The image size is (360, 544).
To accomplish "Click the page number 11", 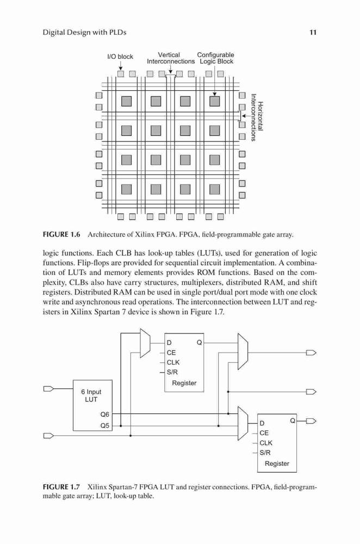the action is [x=313, y=32].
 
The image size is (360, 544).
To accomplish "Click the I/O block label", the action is [x=120, y=57].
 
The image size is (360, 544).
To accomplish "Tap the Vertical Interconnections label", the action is [x=171, y=58].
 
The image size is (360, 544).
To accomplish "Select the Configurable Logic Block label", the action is [x=216, y=58].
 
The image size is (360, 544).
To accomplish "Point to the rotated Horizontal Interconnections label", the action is [x=257, y=118].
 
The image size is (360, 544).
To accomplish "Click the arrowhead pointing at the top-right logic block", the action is [x=215, y=94].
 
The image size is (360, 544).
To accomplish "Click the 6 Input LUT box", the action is [x=92, y=405].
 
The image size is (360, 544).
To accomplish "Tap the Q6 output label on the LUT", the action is [x=104, y=414].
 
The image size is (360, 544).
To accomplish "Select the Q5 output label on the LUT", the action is [x=104, y=425].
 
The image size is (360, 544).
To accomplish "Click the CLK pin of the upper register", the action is [x=173, y=362].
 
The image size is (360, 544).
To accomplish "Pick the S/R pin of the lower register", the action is [x=265, y=453].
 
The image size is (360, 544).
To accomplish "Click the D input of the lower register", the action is [x=262, y=423].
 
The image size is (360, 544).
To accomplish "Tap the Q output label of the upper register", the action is [x=199, y=342].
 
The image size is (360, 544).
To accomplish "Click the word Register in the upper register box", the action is [x=184, y=383].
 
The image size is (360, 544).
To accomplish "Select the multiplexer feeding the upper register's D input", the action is [x=145, y=343].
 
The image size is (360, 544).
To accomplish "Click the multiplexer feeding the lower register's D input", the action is [x=243, y=423].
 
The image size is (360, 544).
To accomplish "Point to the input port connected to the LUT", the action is [x=48, y=388].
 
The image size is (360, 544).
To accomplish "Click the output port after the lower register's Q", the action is [x=311, y=421].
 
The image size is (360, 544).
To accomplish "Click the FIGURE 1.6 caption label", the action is [x=61, y=234].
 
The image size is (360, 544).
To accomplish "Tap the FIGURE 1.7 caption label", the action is [x=61, y=487].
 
